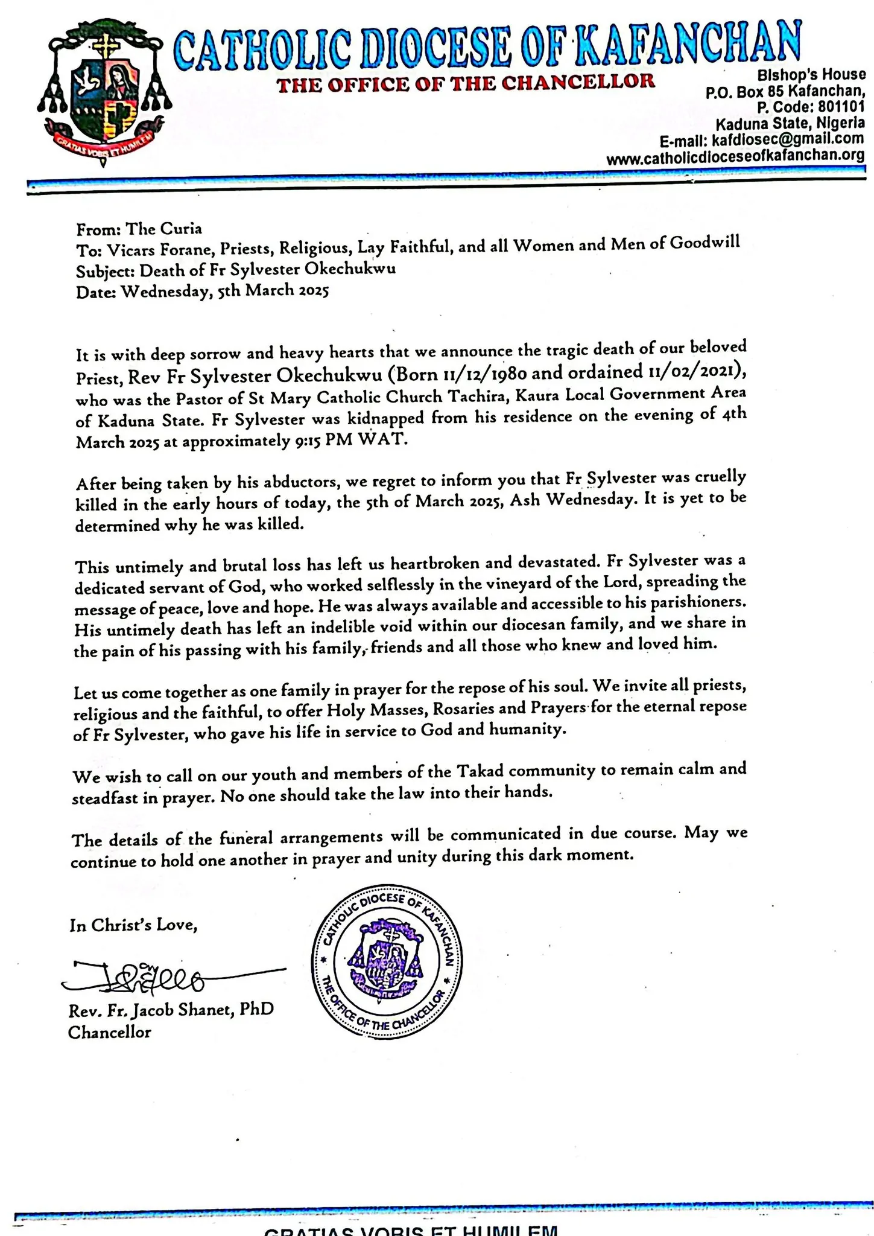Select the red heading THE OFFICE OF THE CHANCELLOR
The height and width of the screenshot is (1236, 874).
466,83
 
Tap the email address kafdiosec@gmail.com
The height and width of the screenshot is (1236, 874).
788,140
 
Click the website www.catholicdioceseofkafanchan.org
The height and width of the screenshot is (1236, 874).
735,158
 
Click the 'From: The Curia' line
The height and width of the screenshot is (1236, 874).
139,229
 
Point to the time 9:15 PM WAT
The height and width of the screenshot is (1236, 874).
352,441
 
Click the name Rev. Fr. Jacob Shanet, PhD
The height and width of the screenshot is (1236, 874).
171,1009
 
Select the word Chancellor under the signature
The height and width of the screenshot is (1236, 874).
109,1032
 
